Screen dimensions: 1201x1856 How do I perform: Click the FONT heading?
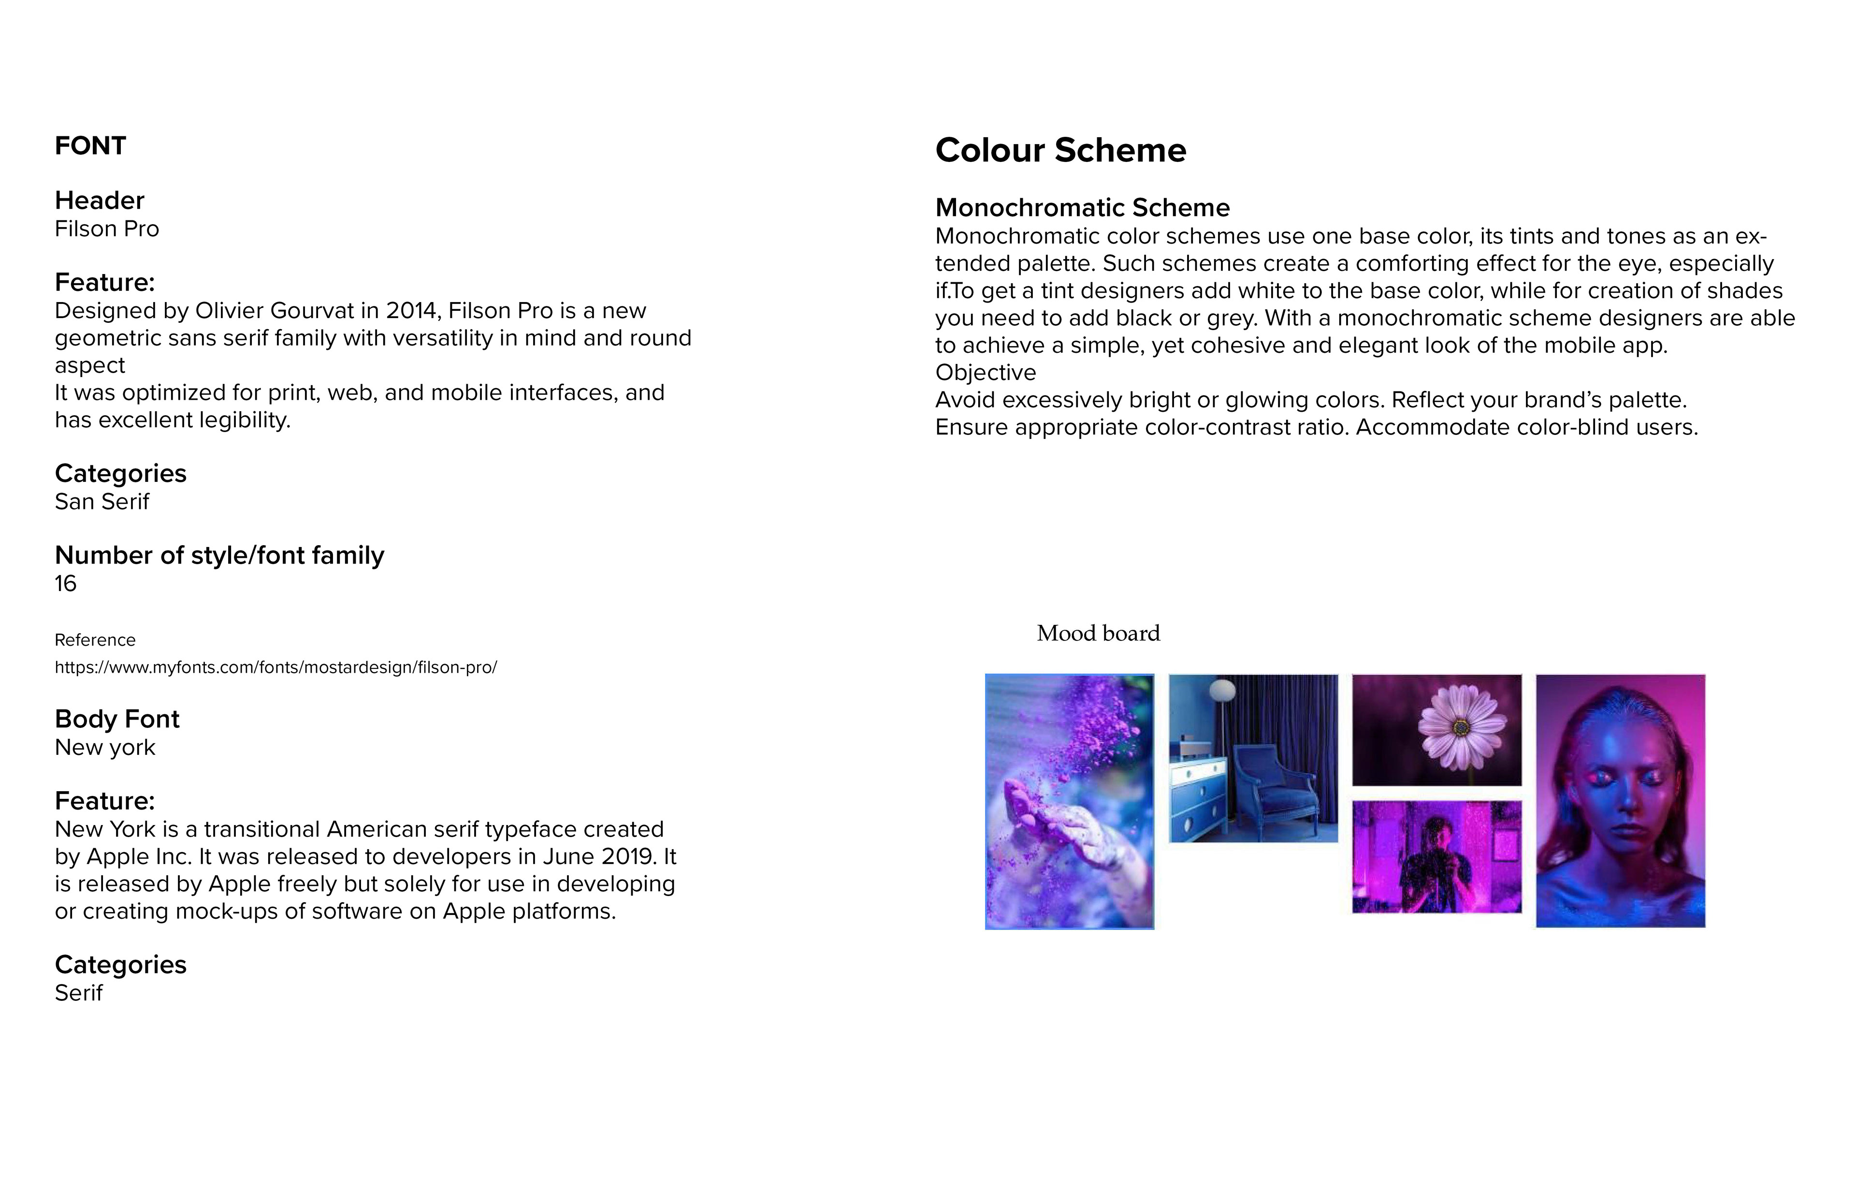point(90,146)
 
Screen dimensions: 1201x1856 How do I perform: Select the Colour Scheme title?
point(1060,150)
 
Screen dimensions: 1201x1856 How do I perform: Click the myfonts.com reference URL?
point(275,667)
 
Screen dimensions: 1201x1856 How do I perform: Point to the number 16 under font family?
point(66,583)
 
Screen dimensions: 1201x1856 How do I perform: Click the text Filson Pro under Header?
point(107,229)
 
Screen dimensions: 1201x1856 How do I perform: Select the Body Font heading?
point(117,719)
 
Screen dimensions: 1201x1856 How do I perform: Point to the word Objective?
point(985,373)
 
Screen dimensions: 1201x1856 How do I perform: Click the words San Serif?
point(101,502)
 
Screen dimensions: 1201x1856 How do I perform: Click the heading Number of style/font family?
point(219,555)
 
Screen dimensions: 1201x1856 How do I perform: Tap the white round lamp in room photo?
point(1222,689)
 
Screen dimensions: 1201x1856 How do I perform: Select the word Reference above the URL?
point(94,640)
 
